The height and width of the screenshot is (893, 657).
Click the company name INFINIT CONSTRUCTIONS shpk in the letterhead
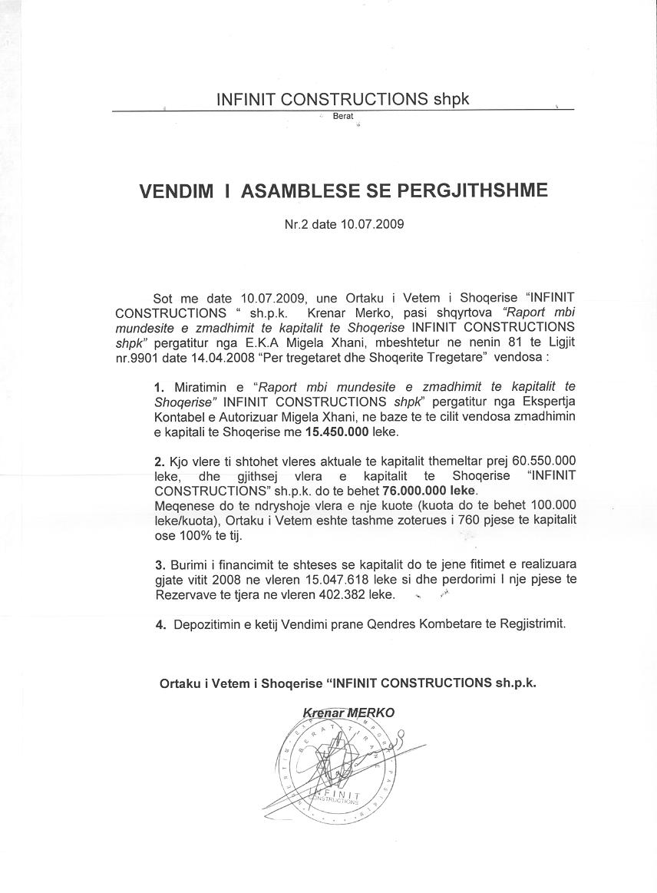click(x=342, y=99)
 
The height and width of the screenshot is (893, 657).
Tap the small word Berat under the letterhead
click(x=343, y=116)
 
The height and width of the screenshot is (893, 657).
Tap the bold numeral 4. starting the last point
click(x=161, y=624)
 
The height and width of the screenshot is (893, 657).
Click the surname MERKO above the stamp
click(x=371, y=712)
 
